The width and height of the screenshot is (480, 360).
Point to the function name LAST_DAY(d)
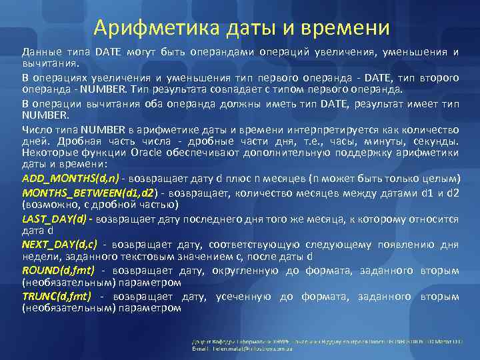55,218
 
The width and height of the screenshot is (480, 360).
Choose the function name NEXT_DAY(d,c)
60,244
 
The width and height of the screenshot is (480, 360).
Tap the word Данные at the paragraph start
41,51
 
